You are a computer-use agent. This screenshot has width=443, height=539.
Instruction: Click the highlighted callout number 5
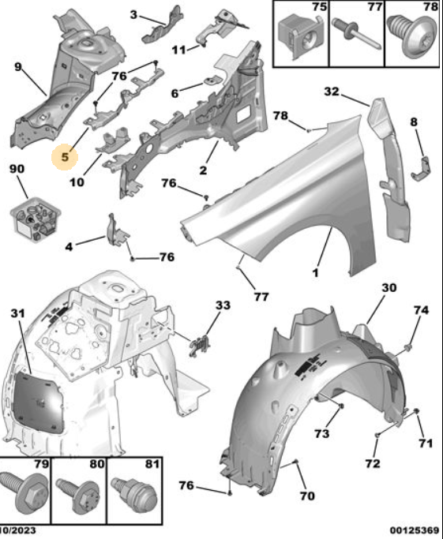[x=65, y=157]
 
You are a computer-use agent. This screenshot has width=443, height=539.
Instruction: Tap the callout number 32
[x=332, y=92]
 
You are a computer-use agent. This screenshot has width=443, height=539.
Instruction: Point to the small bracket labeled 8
[x=422, y=168]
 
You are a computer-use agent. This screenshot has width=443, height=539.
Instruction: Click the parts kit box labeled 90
[x=35, y=218]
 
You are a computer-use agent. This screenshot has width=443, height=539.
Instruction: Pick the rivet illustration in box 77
[x=355, y=33]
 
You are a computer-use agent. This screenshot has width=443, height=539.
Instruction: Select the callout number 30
[x=389, y=287]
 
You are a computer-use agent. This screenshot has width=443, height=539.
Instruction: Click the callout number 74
[x=422, y=310]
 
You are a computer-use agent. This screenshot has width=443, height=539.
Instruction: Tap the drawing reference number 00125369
[x=415, y=531]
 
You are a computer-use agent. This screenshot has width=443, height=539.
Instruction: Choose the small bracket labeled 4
[x=117, y=231]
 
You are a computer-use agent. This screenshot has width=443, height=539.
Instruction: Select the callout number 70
[x=307, y=496]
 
